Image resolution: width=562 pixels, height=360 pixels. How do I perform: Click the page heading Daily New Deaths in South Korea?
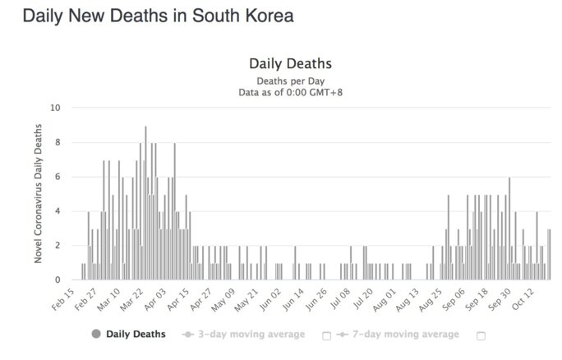158,16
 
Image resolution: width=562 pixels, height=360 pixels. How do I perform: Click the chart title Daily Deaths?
289,65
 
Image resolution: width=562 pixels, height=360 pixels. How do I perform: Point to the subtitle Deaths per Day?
289,81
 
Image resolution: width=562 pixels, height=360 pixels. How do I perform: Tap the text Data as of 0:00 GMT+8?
289,92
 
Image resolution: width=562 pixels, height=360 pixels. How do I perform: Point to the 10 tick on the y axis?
54,108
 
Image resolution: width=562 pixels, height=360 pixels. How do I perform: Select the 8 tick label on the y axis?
56,142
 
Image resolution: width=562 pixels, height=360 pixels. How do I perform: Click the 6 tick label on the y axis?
56,177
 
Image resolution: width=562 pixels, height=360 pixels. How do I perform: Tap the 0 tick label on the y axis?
56,280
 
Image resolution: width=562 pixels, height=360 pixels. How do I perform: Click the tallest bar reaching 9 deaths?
145,205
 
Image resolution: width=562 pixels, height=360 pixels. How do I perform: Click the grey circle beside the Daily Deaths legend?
97,335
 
